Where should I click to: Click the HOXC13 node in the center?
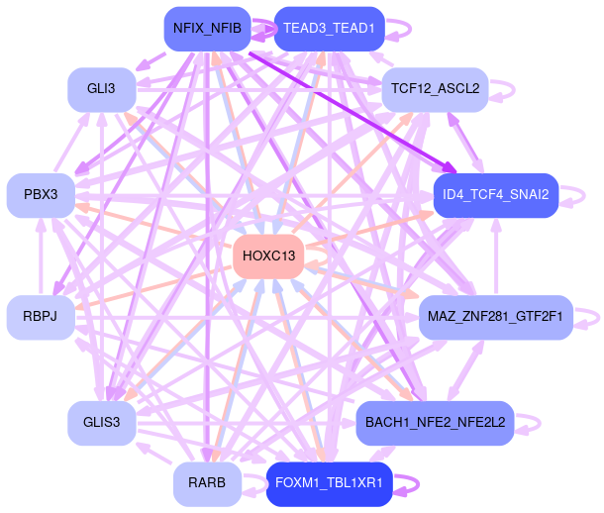pyautogui.click(x=268, y=256)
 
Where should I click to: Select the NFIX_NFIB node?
pyautogui.click(x=206, y=29)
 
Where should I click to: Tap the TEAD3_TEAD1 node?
pyautogui.click(x=329, y=29)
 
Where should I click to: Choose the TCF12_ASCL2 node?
pyautogui.click(x=435, y=89)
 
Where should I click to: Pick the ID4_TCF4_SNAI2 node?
pyautogui.click(x=496, y=195)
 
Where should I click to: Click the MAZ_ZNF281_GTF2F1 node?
pyautogui.click(x=495, y=317)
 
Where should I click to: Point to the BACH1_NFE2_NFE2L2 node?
pyautogui.click(x=435, y=422)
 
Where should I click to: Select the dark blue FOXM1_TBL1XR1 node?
pyautogui.click(x=330, y=483)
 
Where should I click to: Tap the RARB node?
pyautogui.click(x=206, y=483)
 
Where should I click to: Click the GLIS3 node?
pyautogui.click(x=102, y=423)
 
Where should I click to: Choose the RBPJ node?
pyautogui.click(x=41, y=317)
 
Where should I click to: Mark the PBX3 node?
pyautogui.click(x=41, y=195)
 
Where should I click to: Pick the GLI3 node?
pyautogui.click(x=101, y=89)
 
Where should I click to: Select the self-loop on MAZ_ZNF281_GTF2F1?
pyautogui.click(x=588, y=317)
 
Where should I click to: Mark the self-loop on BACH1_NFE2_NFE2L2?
pyautogui.click(x=529, y=422)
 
